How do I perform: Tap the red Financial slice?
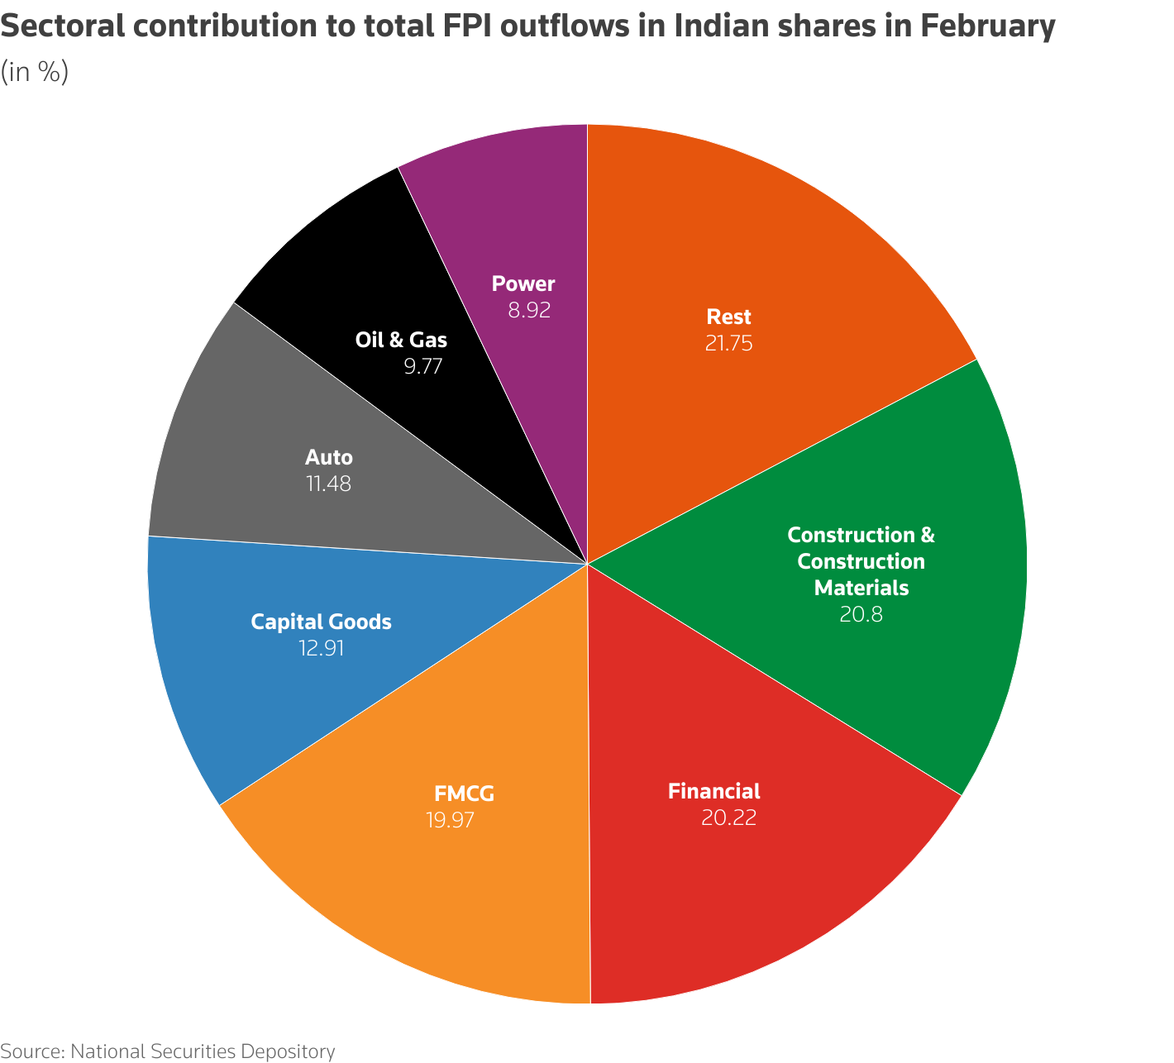tap(744, 893)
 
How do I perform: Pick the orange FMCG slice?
tap(430, 893)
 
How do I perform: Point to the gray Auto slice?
tap(231, 430)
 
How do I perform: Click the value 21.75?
tap(728, 344)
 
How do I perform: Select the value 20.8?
tap(861, 615)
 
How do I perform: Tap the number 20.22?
tap(728, 818)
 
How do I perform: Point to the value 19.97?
tap(451, 821)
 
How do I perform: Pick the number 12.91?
tap(321, 649)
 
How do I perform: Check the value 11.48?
tap(328, 484)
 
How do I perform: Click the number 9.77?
tap(423, 366)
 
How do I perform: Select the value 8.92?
tap(529, 311)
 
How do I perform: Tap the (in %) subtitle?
tap(34, 73)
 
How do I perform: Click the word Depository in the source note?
tap(287, 1051)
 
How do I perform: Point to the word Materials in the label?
tap(861, 589)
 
